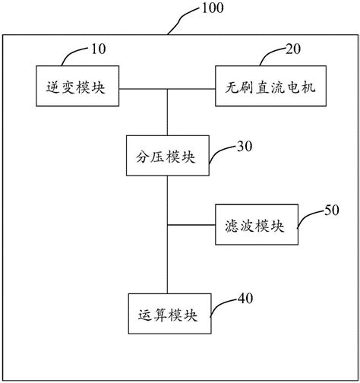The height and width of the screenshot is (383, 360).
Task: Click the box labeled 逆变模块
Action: click(x=77, y=86)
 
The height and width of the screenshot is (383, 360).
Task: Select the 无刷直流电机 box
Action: click(x=270, y=86)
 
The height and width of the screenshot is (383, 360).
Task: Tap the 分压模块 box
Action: click(x=168, y=156)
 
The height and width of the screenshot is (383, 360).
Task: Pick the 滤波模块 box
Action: click(x=257, y=224)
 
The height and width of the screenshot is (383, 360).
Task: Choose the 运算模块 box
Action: click(x=169, y=314)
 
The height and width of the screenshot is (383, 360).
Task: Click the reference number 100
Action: click(x=213, y=8)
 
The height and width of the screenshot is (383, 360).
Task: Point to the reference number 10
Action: click(x=99, y=49)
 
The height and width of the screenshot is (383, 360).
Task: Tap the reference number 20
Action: click(x=293, y=49)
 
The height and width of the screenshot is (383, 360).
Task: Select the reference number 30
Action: click(x=245, y=146)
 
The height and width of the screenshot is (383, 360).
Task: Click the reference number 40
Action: click(x=245, y=298)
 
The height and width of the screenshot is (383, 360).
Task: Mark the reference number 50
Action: click(x=332, y=210)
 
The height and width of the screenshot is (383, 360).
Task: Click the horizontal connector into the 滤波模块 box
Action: click(x=191, y=225)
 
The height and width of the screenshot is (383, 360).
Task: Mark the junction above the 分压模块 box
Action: click(x=167, y=89)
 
